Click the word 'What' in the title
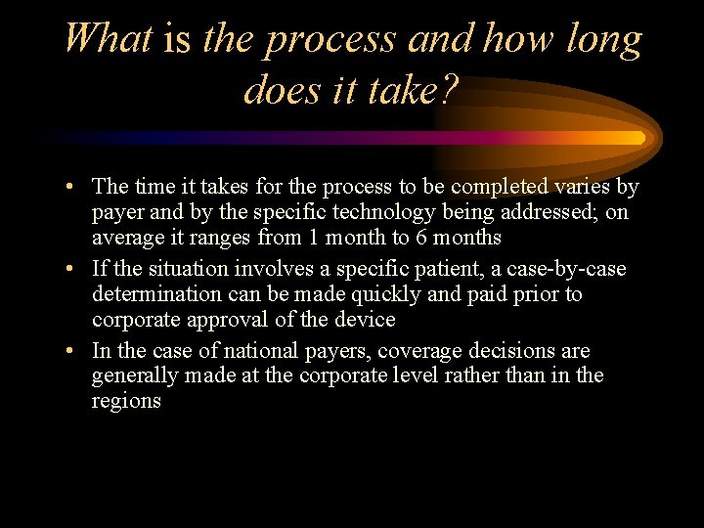pyautogui.click(x=109, y=39)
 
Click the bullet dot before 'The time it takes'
pyautogui.click(x=74, y=187)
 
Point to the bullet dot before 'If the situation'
pyautogui.click(x=74, y=269)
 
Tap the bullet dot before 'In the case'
pyautogui.click(x=74, y=351)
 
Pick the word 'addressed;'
pyautogui.click(x=556, y=212)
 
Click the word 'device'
pyautogui.click(x=364, y=320)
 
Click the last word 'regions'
pyautogui.click(x=126, y=401)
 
